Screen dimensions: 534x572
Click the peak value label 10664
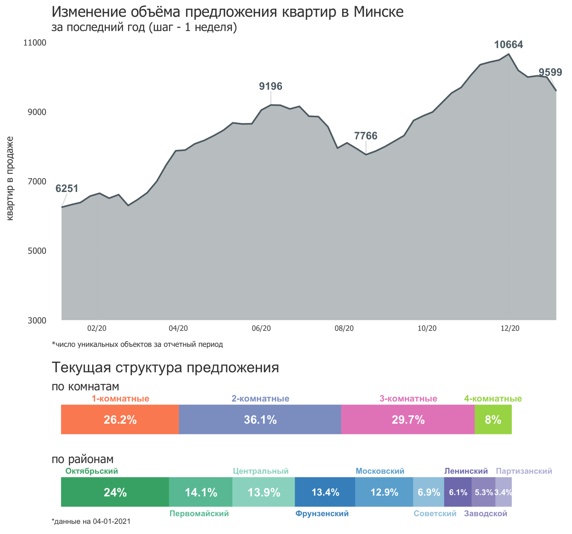(508, 45)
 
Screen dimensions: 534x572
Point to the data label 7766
(365, 136)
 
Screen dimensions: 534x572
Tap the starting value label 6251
(66, 189)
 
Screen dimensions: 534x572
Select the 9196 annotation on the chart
(270, 86)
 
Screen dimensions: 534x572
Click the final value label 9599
(550, 72)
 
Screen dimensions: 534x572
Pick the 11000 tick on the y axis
(35, 42)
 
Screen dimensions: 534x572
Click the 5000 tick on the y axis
(37, 251)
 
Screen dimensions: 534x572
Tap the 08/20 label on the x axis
(344, 328)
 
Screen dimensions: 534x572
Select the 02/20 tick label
(97, 328)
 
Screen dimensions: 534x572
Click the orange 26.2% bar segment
(120, 420)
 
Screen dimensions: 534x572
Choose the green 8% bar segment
(493, 420)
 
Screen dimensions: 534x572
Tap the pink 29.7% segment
(408, 420)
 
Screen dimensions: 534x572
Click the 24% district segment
(115, 493)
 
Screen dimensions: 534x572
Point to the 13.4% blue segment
(325, 493)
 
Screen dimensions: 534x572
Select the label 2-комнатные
(260, 399)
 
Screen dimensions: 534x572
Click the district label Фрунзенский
(322, 514)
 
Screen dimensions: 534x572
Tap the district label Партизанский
(524, 471)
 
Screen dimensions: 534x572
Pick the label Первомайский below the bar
(199, 514)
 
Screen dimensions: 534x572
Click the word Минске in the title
(378, 12)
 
